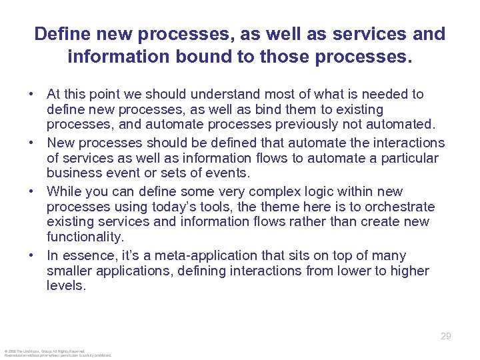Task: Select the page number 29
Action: coord(446,336)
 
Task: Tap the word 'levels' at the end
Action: coord(66,285)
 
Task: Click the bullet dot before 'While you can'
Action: coord(31,192)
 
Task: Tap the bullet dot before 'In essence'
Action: coord(31,255)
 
